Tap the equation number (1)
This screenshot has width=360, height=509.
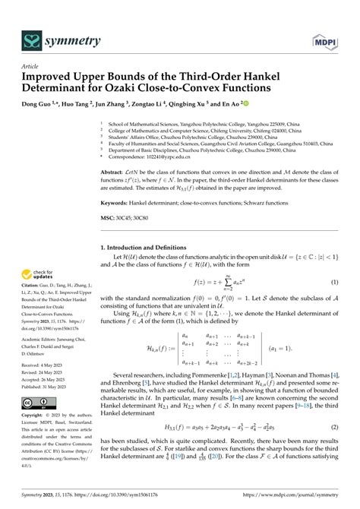[333, 283]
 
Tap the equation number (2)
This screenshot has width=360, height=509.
[333, 448]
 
